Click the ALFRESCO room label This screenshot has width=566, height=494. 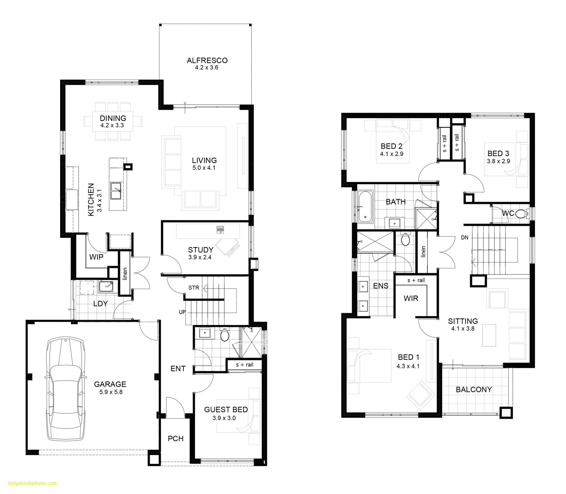[x=207, y=60]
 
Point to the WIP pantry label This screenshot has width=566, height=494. [x=96, y=257]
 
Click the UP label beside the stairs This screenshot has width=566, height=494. [x=182, y=312]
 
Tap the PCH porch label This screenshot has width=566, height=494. [x=176, y=438]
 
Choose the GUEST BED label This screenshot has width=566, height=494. [x=226, y=409]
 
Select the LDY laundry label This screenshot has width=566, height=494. [x=100, y=303]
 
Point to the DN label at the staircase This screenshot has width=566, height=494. [x=465, y=238]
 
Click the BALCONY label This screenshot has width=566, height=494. [x=474, y=389]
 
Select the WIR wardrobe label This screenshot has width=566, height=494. [x=411, y=298]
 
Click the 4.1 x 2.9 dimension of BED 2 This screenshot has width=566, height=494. [x=392, y=154]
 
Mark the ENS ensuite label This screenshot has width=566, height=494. [x=381, y=286]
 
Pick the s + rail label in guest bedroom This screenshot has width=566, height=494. [x=244, y=365]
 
